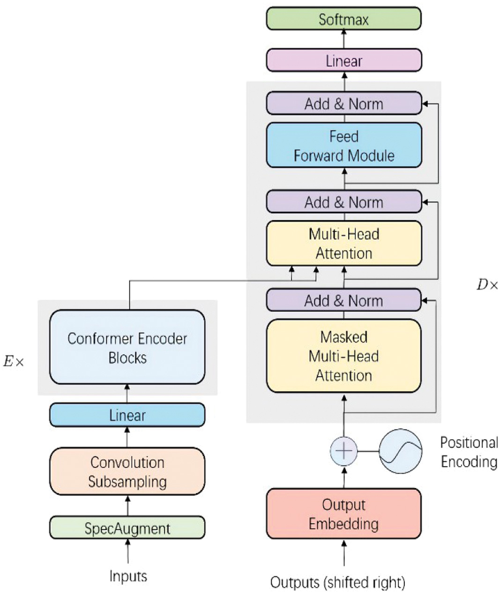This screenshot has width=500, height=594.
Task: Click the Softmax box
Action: (343, 19)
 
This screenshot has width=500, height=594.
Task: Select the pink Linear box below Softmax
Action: (343, 61)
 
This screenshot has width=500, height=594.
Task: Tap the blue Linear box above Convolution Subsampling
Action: (127, 415)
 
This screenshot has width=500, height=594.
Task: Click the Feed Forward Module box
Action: (343, 146)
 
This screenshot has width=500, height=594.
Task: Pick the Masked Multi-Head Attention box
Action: (343, 356)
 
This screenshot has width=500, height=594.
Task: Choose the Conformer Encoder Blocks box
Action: (127, 348)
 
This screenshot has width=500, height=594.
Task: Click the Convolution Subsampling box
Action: (127, 472)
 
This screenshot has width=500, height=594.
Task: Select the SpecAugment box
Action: (127, 528)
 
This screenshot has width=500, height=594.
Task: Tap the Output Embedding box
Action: (343, 514)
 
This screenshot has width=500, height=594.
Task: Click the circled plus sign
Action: (344, 451)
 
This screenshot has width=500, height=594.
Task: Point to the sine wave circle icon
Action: (400, 451)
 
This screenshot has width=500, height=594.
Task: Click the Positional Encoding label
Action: (469, 452)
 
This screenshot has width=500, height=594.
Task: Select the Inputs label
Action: (128, 576)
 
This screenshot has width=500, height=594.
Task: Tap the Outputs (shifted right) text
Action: (337, 582)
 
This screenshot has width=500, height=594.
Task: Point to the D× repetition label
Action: (487, 285)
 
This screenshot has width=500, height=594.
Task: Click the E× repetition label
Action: (13, 362)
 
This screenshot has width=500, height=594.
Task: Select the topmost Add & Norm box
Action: (343, 104)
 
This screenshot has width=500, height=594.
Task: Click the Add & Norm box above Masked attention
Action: (343, 300)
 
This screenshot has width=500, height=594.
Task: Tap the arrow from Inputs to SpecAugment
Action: (127, 551)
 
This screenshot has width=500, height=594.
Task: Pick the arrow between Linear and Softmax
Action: (344, 39)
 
